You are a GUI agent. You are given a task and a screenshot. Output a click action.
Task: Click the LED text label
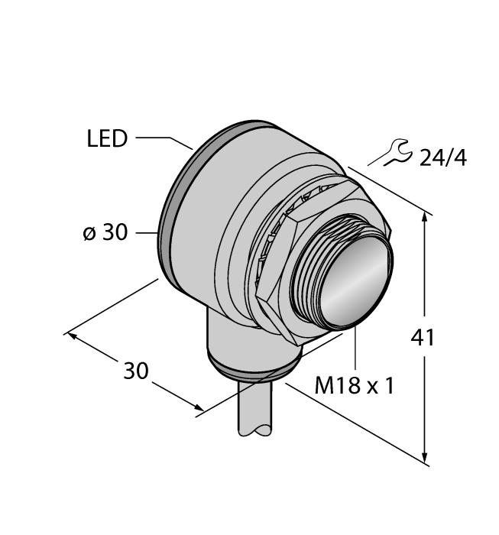(x=106, y=139)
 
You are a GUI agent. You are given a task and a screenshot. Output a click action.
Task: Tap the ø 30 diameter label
(x=105, y=233)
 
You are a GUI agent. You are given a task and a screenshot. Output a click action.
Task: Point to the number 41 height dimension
(x=422, y=336)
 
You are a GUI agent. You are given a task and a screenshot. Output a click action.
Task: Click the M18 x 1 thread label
(x=355, y=386)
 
